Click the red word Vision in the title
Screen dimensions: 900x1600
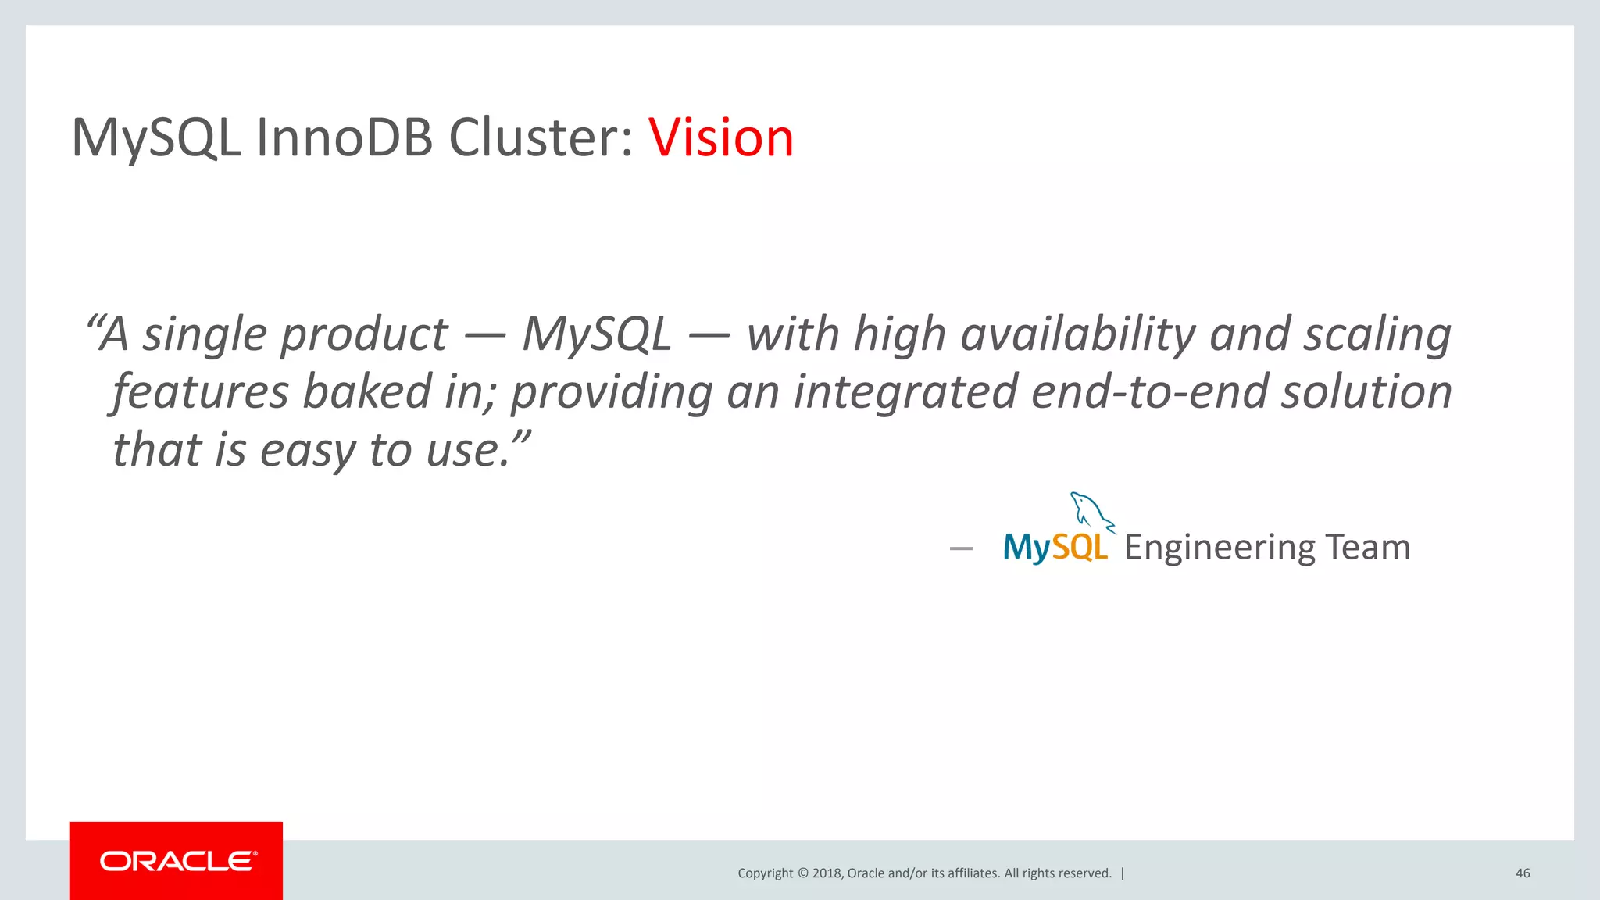pyautogui.click(x=720, y=137)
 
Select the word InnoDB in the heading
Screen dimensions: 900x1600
pyautogui.click(x=345, y=137)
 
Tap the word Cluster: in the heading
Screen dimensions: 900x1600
pyautogui.click(x=541, y=137)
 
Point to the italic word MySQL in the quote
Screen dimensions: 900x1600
pyautogui.click(x=596, y=334)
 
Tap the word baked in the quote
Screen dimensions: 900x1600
pyautogui.click(x=366, y=391)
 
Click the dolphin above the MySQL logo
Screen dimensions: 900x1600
pyautogui.click(x=1091, y=512)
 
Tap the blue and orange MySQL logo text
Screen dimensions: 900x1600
pyautogui.click(x=1055, y=548)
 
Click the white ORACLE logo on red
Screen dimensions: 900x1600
pyautogui.click(x=177, y=861)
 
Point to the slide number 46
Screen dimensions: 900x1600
pyautogui.click(x=1522, y=873)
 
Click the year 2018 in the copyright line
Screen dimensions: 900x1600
pyautogui.click(x=827, y=873)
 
